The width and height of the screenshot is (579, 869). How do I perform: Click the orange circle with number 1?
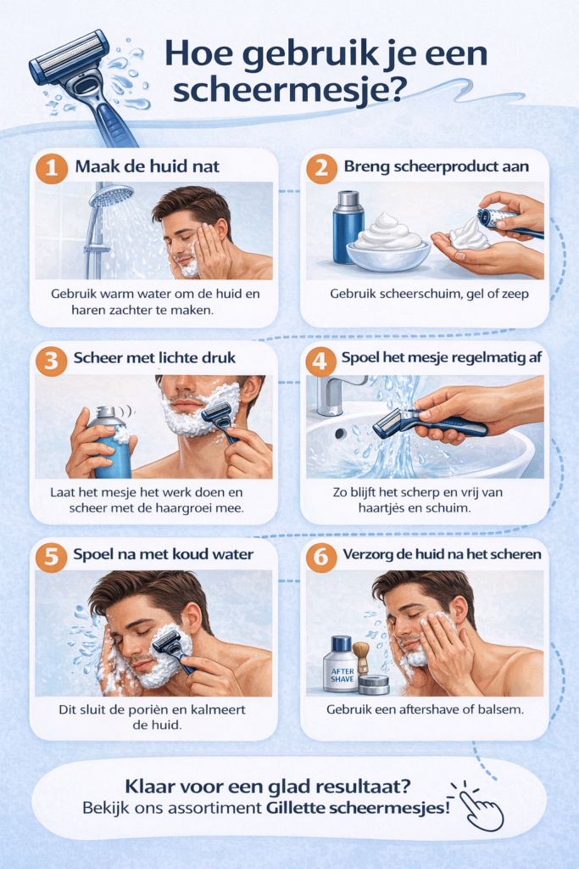tap(52, 167)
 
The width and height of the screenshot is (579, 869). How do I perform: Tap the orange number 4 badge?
tap(321, 361)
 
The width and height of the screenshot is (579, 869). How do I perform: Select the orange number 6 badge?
tap(321, 557)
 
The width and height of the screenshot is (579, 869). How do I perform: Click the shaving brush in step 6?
tap(362, 657)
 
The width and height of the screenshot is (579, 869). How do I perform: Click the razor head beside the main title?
tap(70, 58)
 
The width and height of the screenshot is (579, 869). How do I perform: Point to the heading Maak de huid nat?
tap(148, 166)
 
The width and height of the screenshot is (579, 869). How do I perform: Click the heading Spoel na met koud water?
tap(164, 554)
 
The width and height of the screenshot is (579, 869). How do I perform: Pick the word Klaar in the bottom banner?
tap(145, 786)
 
